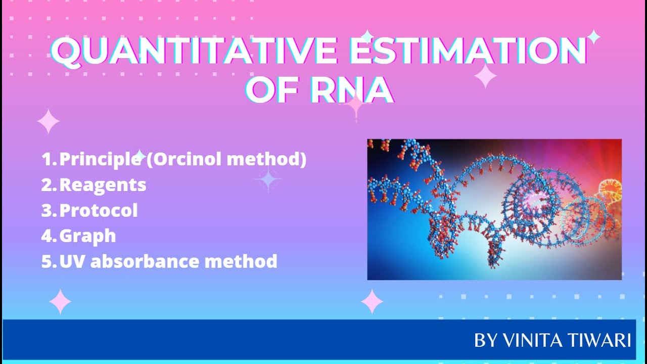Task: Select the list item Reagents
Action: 103,185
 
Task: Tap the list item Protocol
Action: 99,210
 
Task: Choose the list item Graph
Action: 87,236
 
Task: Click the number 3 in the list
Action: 46,211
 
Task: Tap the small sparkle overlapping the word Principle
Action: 140,156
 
